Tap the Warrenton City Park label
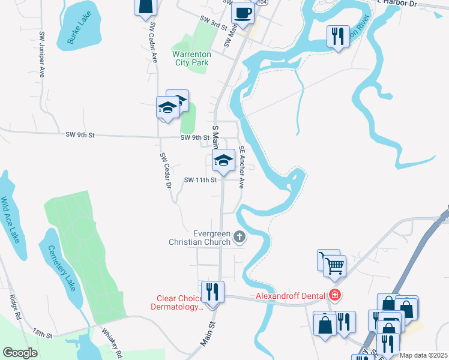tap(191, 58)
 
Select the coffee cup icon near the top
tap(243, 12)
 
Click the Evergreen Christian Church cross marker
tap(240, 237)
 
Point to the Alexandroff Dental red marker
tap(335, 295)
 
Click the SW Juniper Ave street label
tap(41, 55)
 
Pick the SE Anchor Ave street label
tap(241, 167)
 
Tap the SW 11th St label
tap(200, 180)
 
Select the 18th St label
tap(43, 332)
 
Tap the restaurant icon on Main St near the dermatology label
tap(212, 292)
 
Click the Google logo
tap(20, 353)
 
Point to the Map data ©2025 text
tap(423, 355)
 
